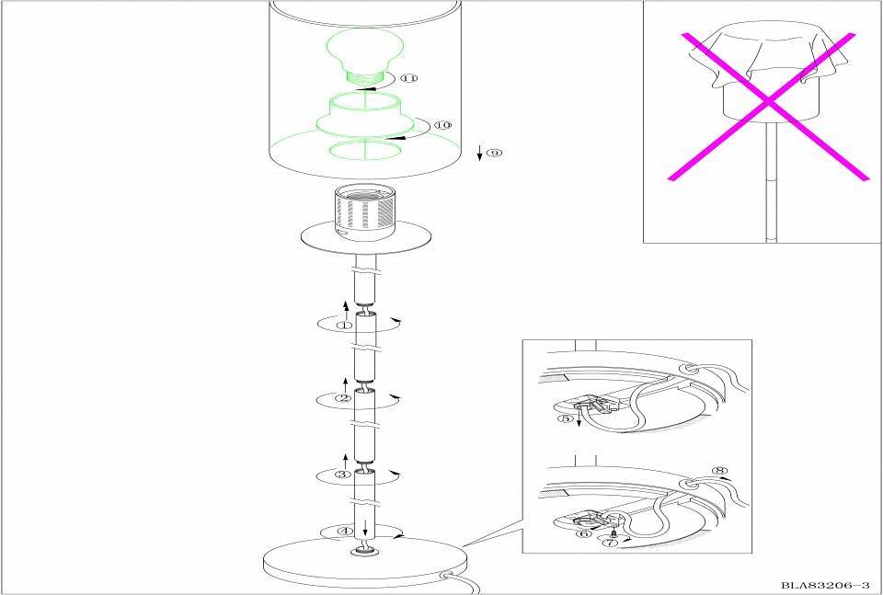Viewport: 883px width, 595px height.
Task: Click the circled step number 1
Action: point(344,326)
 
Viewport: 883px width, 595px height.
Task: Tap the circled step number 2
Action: point(343,398)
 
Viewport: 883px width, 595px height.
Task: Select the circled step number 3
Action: point(343,475)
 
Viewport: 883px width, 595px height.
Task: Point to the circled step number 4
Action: point(345,531)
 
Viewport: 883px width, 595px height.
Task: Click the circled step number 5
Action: point(565,418)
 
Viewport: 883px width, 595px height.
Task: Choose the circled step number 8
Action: point(719,471)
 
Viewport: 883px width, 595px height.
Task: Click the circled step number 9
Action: point(494,153)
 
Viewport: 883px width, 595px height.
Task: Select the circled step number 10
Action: point(443,125)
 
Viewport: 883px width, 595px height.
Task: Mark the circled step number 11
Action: point(409,77)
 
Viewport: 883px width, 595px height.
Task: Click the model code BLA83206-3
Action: point(825,586)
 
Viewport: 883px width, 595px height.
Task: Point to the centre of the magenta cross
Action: point(768,102)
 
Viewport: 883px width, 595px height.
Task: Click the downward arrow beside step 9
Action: point(480,153)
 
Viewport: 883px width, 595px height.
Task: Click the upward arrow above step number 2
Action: point(345,385)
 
